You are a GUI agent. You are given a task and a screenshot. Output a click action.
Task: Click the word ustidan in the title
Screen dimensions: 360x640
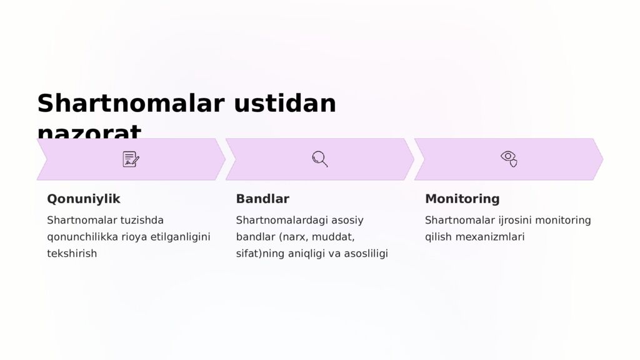(x=285, y=103)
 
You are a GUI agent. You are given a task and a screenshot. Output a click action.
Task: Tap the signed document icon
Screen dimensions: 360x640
(x=131, y=159)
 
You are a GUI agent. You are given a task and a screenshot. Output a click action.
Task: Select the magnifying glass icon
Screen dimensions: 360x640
(x=320, y=159)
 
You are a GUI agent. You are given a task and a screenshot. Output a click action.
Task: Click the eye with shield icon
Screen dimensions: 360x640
(x=509, y=159)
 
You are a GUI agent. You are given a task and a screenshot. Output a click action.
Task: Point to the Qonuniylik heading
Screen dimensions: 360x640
(x=84, y=199)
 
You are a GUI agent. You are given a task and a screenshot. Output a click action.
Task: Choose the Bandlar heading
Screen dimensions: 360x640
(x=262, y=199)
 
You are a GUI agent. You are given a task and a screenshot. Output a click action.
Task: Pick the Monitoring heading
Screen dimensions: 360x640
(x=462, y=199)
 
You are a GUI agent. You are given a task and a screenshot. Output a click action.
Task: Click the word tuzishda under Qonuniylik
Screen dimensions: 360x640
(x=140, y=220)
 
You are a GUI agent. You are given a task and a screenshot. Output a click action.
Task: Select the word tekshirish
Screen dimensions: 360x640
(x=72, y=254)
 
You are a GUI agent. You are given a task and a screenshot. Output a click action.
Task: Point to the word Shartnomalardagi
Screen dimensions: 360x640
(x=281, y=220)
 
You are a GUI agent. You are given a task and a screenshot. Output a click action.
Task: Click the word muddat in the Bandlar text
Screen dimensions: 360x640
(x=333, y=237)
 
